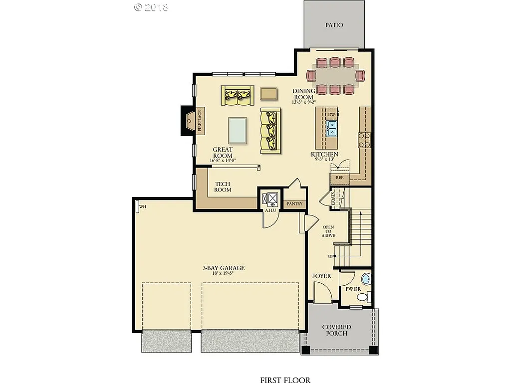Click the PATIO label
point(334,25)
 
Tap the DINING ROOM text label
point(303,94)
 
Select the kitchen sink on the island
point(332,128)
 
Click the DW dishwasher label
point(332,115)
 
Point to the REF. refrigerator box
point(339,177)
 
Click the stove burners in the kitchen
point(364,140)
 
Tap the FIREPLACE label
point(199,121)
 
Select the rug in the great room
point(238,131)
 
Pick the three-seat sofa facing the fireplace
point(270,131)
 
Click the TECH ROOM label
point(223,187)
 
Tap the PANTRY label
point(294,204)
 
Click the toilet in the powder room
point(362,297)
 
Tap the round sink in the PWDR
point(366,279)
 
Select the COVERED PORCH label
point(336,330)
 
